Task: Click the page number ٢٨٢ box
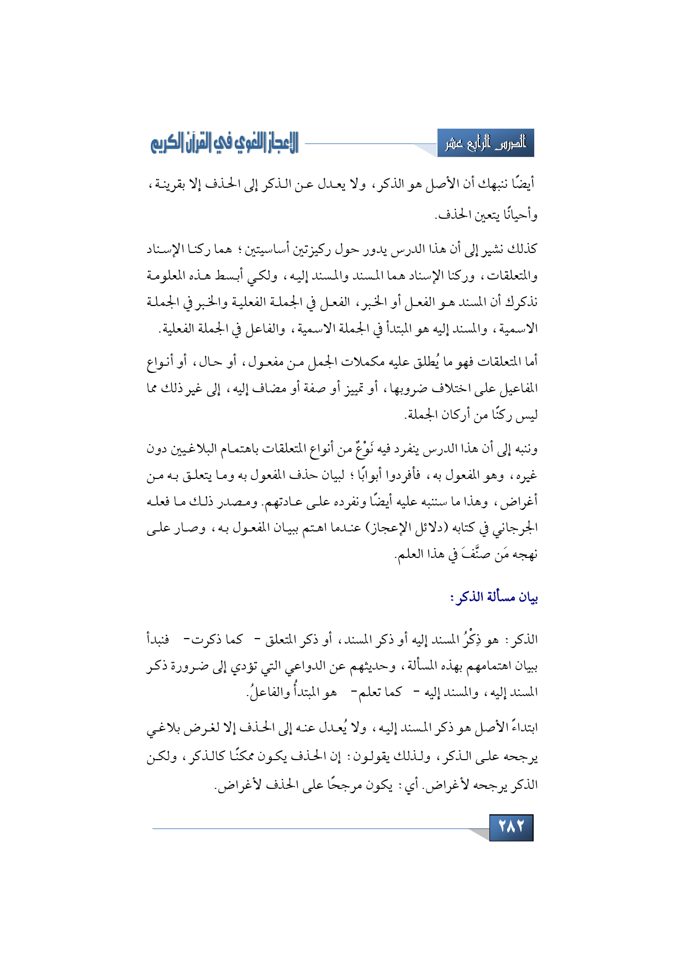click(x=511, y=827)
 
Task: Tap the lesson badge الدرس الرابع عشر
click(x=486, y=144)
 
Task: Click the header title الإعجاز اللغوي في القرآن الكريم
click(x=224, y=144)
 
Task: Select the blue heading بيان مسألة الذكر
click(x=494, y=597)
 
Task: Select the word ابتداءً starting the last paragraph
click(x=516, y=728)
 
